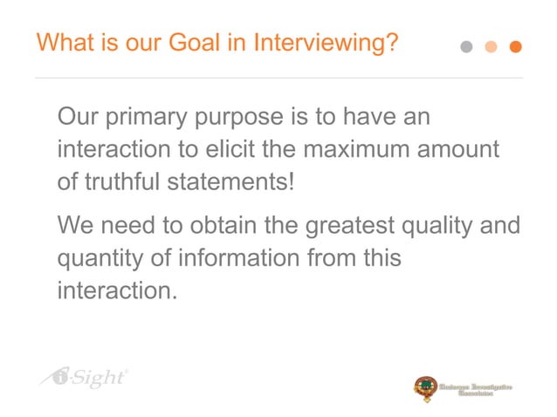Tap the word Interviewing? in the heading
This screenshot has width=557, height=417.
pos(327,43)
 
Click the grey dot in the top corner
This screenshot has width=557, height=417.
pos(467,47)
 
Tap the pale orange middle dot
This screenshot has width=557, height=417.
pos(492,47)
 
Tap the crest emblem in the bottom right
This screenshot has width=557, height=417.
pos(425,388)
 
